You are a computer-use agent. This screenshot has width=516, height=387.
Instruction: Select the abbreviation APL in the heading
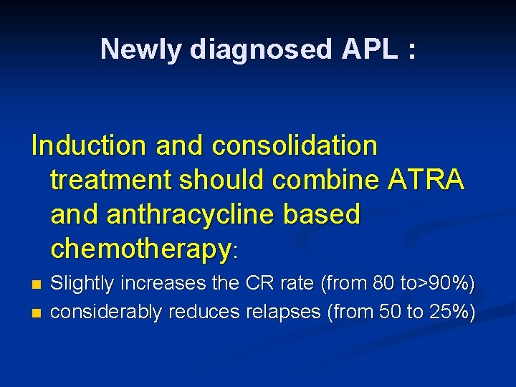tap(371, 49)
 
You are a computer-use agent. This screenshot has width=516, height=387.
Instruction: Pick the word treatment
tap(111, 181)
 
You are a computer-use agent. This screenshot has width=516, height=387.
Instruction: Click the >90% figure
tap(448, 284)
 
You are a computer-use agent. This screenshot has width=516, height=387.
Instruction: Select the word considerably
tap(107, 312)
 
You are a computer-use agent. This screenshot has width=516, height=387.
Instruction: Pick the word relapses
tap(277, 312)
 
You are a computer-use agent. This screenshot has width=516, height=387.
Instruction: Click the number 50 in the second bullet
tap(388, 312)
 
